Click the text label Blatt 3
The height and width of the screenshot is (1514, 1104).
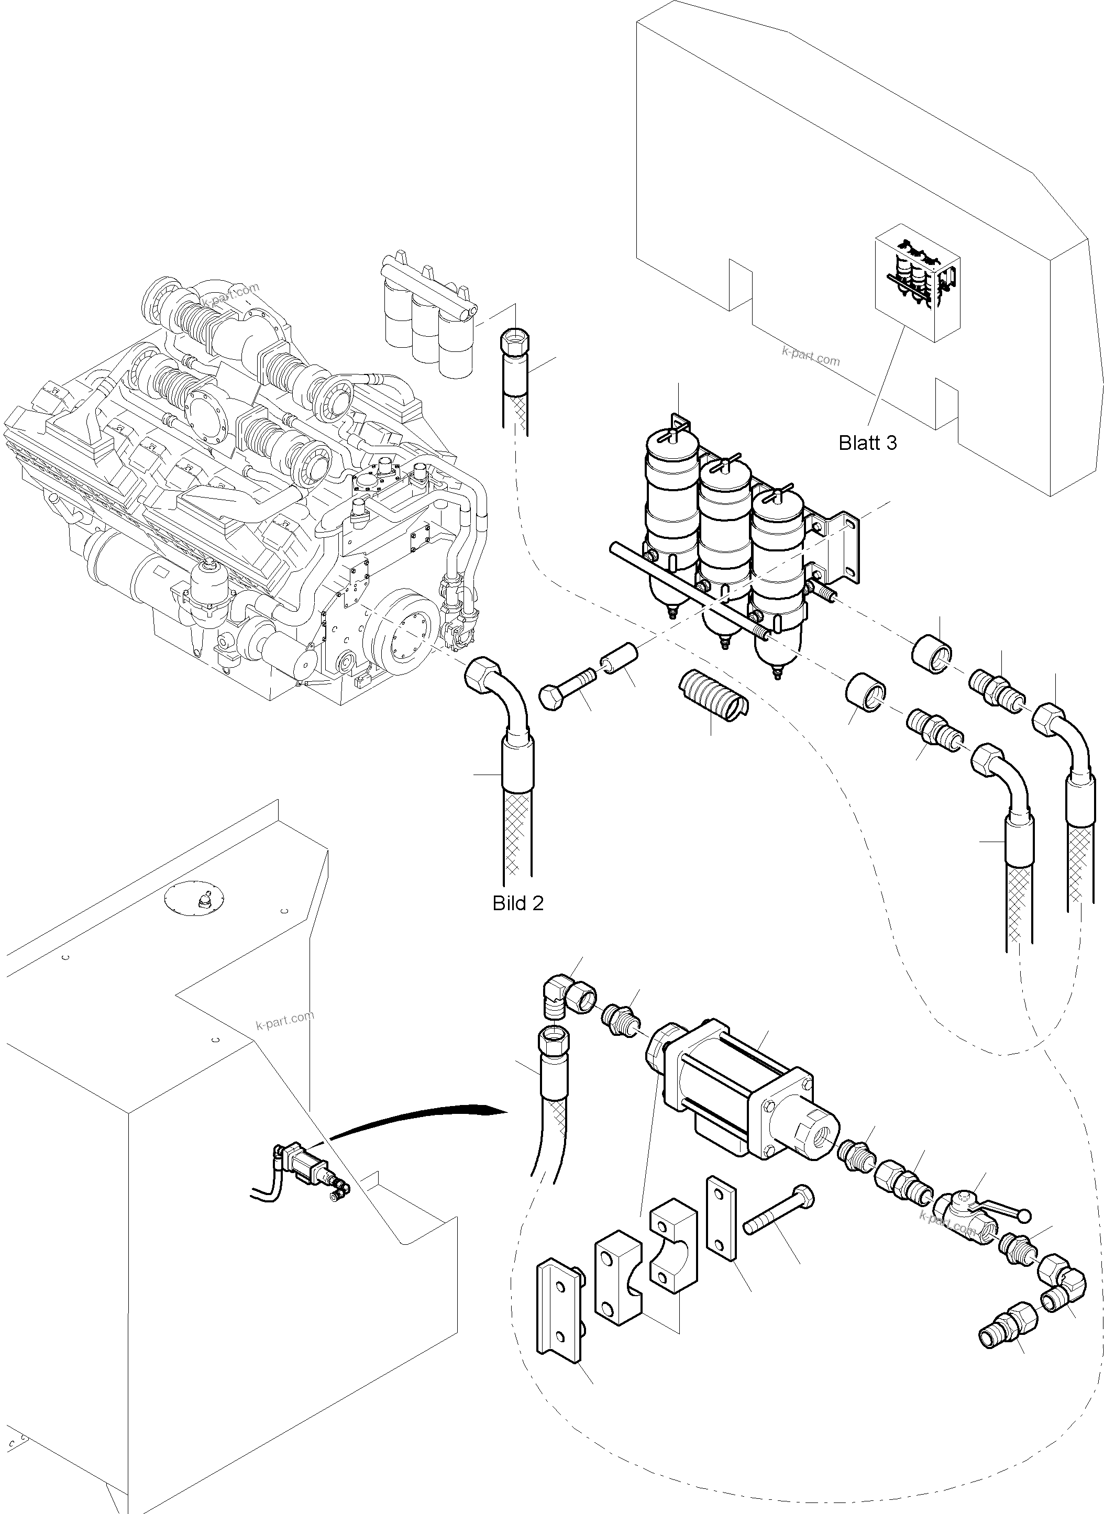867,443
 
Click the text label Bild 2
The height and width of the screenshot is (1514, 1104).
518,903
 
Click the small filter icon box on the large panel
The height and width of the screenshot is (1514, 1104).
918,283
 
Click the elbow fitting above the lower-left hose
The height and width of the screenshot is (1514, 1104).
566,1000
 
